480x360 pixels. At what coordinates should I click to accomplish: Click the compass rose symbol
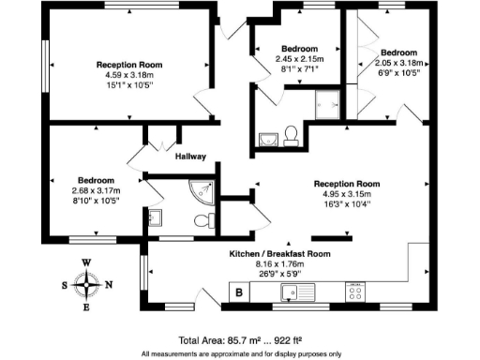click(x=86, y=284)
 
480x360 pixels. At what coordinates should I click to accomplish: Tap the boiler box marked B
click(x=239, y=293)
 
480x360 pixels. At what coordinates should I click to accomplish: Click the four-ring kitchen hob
click(x=356, y=292)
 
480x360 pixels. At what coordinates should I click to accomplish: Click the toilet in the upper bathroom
click(x=292, y=137)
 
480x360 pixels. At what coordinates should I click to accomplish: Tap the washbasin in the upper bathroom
click(x=267, y=140)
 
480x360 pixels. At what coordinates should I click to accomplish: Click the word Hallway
click(x=190, y=157)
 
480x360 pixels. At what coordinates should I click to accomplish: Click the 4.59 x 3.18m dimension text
click(x=127, y=76)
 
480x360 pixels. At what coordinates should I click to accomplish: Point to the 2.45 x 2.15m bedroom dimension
click(x=296, y=58)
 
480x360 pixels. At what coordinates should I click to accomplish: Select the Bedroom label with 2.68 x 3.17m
click(x=97, y=180)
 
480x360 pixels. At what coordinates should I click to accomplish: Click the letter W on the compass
click(x=86, y=263)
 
